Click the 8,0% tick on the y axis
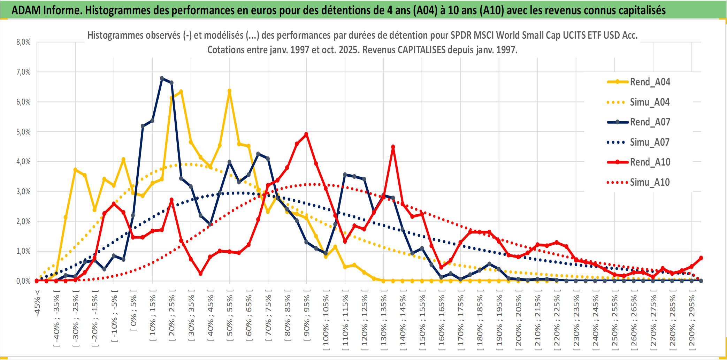tap(23, 42)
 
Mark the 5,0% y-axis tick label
tap(23, 132)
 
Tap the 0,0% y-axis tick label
tap(23, 281)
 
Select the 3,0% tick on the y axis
tap(23, 191)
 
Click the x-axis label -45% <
tap(37, 303)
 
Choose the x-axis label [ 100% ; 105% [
tap(326, 321)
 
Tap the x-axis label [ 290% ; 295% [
tap(692, 321)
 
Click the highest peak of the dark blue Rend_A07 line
tap(162, 78)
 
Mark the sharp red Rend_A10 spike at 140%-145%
tap(393, 147)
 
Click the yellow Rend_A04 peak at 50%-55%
tap(229, 91)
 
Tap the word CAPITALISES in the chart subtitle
tap(421, 50)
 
